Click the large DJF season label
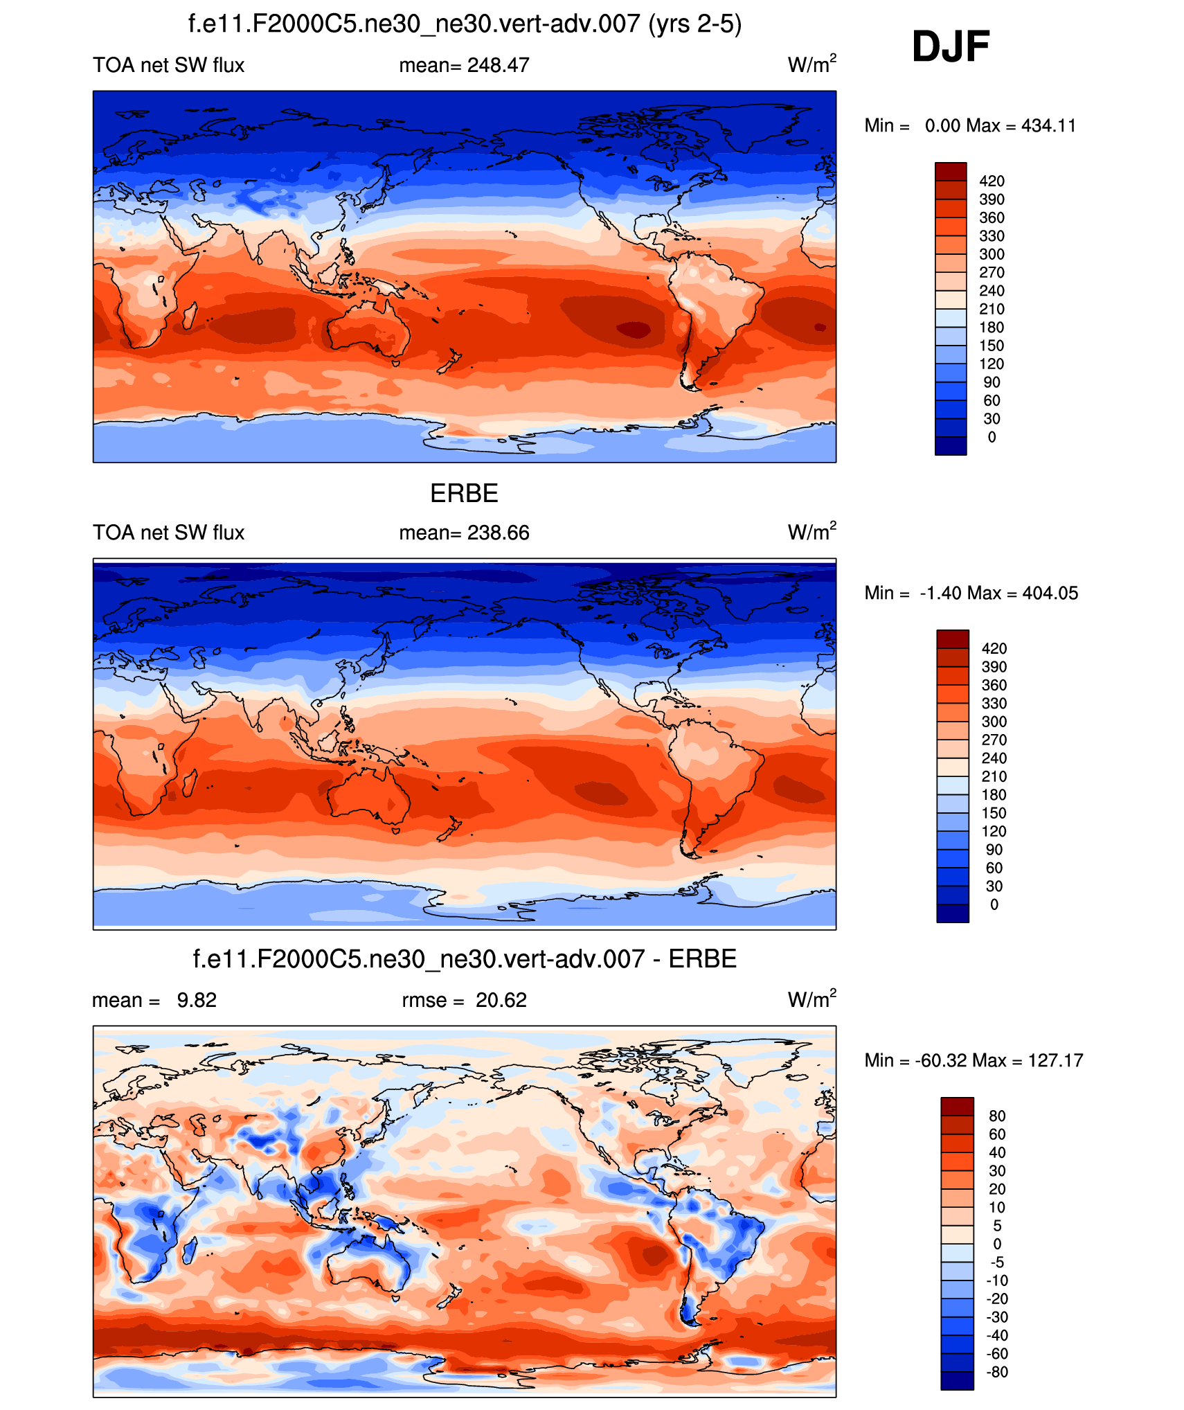[x=951, y=47]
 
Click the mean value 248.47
[x=498, y=66]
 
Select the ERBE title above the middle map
[x=464, y=494]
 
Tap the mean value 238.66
[x=498, y=533]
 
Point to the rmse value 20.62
[x=501, y=1001]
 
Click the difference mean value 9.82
[x=197, y=1001]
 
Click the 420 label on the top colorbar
[x=992, y=181]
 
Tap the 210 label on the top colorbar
[x=992, y=310]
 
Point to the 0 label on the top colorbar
[x=992, y=438]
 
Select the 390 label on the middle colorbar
[x=994, y=667]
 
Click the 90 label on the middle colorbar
[x=994, y=850]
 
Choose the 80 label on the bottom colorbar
[x=997, y=1116]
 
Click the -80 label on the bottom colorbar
[x=997, y=1373]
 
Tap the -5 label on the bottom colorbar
[x=997, y=1262]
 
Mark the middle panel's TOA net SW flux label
[x=168, y=533]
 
